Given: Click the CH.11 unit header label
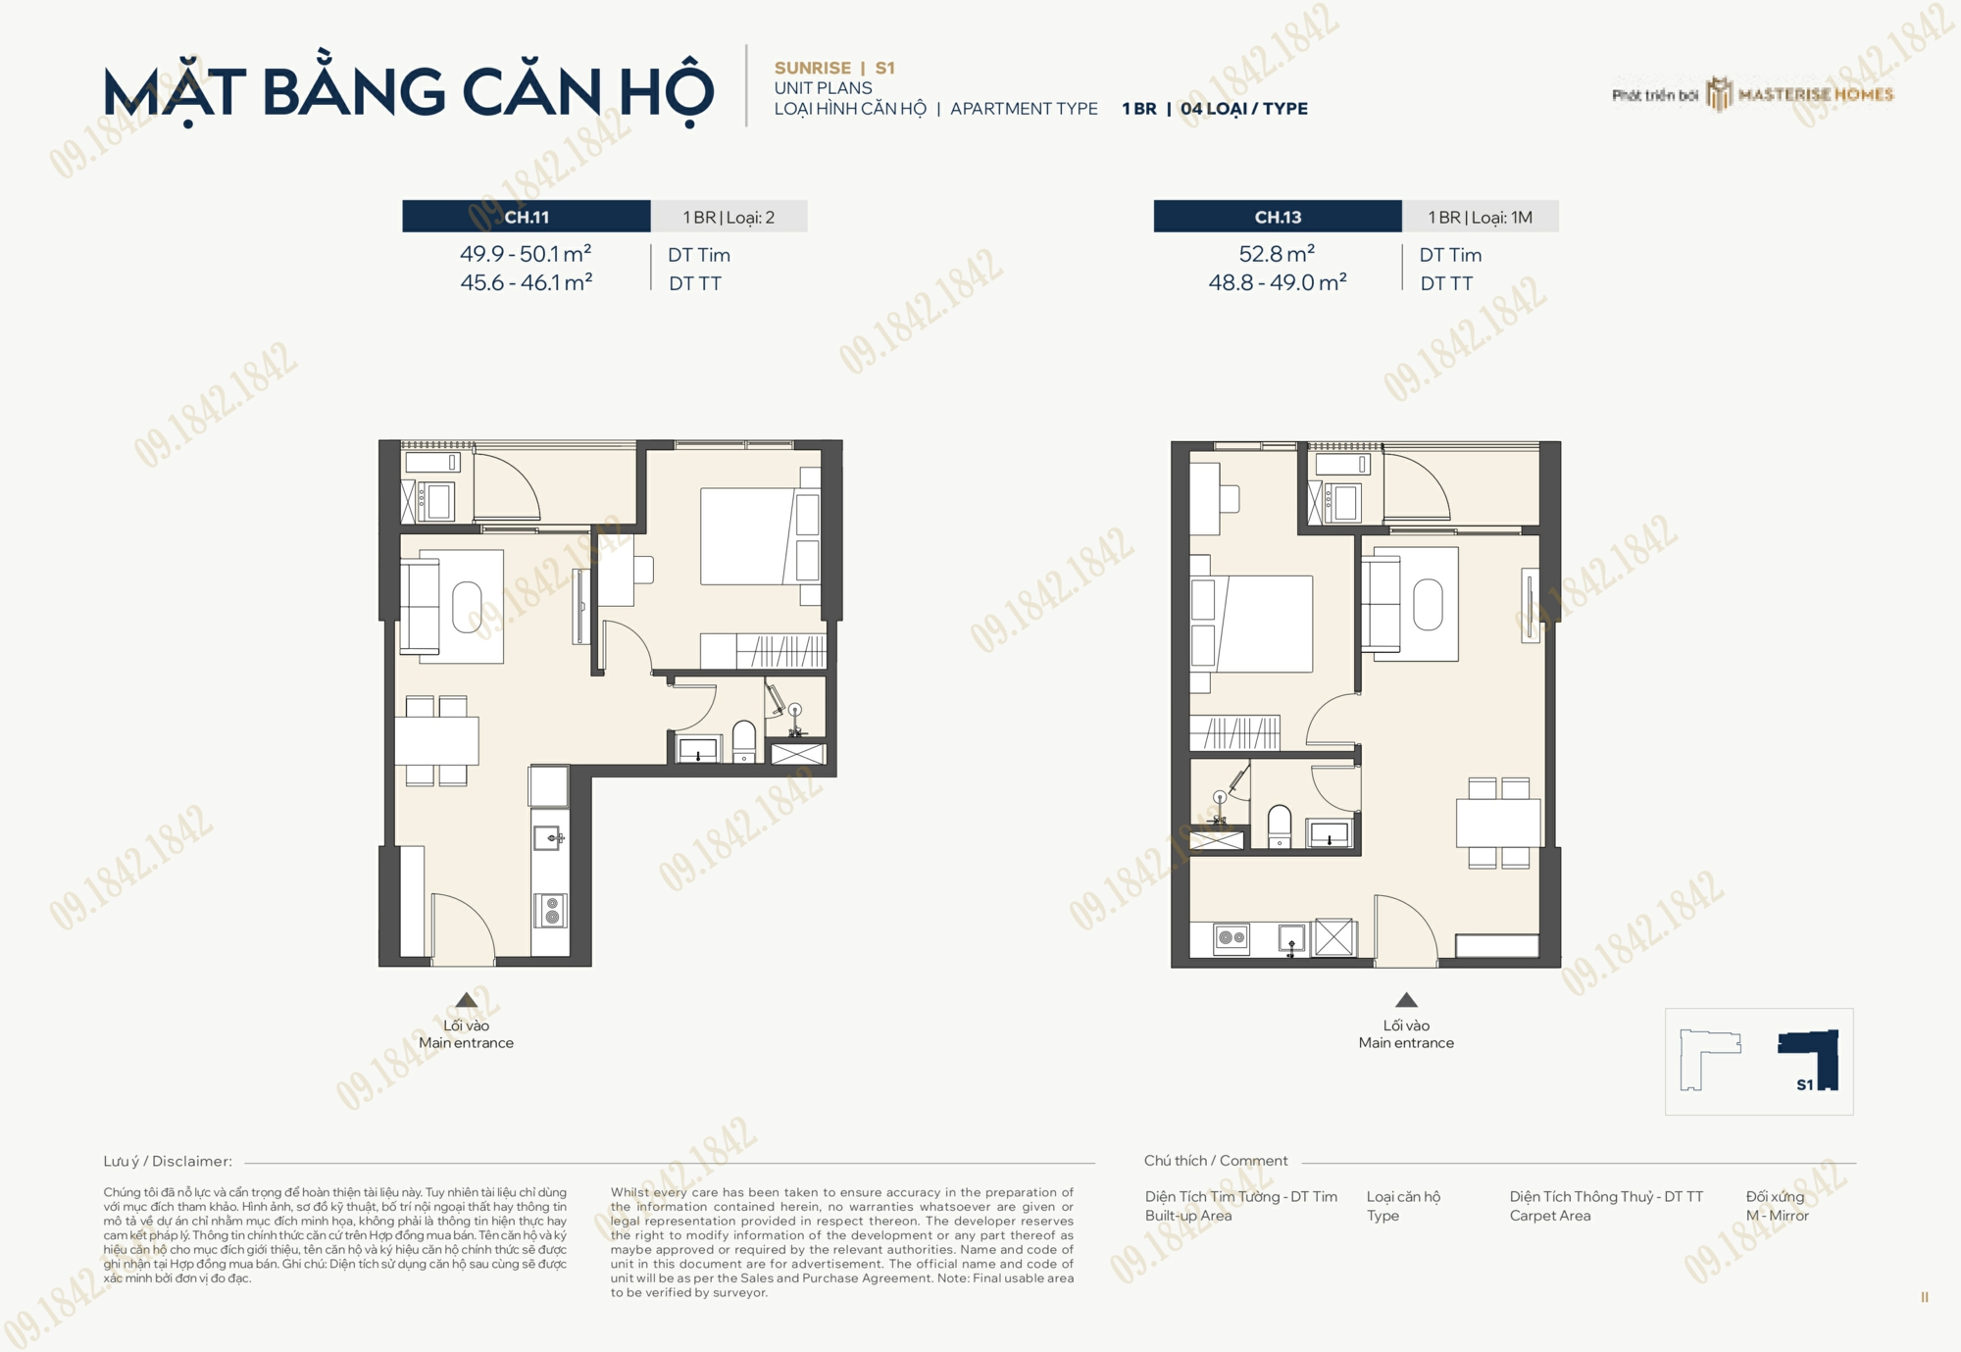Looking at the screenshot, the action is point(527,217).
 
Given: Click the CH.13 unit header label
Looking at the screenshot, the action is point(1278,217).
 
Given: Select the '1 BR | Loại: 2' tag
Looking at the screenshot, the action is point(729,217).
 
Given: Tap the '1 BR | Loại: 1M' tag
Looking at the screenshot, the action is point(1480,217).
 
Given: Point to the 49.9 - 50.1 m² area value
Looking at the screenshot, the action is point(526,254).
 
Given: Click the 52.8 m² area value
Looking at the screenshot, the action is point(1277,254).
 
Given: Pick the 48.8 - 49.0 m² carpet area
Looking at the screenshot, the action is point(1278,282).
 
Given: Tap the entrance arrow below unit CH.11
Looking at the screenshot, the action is point(467,1000).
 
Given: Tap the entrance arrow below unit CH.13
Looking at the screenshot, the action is point(1406,1000).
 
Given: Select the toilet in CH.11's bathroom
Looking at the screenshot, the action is point(744,742).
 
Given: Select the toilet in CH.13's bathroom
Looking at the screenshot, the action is point(1280,826).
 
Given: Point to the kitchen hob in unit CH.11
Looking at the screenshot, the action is point(551,911).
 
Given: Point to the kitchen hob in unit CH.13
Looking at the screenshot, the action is point(1232,938).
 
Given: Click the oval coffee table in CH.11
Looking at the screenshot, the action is point(467,608).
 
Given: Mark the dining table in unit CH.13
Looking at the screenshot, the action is point(1498,823).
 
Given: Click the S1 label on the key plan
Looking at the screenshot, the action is point(1805,1084).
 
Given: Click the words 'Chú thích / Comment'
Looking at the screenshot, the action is point(1216,1161).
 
